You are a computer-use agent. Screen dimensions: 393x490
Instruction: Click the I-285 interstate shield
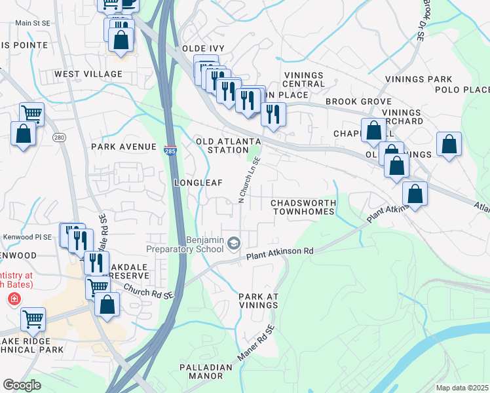tap(170, 150)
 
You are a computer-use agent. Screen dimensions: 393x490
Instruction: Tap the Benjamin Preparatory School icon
tap(233, 244)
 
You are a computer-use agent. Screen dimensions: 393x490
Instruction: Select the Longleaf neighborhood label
tap(198, 182)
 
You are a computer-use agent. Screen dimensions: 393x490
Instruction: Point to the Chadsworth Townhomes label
tap(303, 207)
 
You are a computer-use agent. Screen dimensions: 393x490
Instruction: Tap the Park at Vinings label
tap(259, 301)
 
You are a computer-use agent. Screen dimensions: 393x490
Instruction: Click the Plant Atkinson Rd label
tap(280, 252)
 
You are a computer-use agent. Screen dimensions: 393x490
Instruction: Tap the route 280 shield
tap(59, 138)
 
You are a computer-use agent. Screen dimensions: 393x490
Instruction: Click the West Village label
tap(88, 75)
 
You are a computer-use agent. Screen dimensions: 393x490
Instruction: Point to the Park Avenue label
tap(124, 147)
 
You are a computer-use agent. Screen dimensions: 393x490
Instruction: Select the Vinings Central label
tap(304, 79)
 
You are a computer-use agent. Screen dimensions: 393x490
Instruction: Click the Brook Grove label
tap(359, 102)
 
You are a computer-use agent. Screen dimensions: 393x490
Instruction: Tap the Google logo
tap(22, 385)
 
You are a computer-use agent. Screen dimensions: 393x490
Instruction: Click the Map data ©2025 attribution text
tap(462, 388)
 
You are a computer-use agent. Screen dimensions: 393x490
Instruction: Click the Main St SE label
tap(33, 23)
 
